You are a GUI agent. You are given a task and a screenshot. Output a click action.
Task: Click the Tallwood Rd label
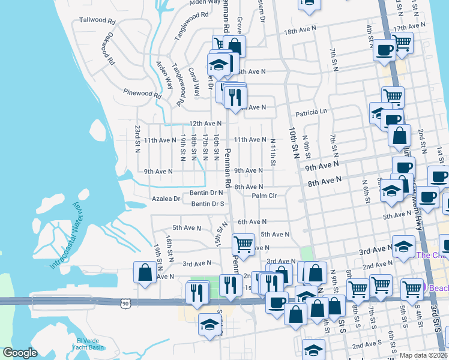pos(97,20)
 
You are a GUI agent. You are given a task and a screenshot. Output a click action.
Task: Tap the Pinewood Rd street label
pos(142,94)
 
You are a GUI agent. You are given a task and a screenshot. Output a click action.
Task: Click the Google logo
pos(20,353)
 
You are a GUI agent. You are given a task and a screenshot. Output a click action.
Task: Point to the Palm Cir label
pos(264,196)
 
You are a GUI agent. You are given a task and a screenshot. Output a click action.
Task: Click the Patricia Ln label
pos(311,112)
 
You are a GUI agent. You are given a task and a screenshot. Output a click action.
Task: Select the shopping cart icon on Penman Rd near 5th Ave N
pos(243,244)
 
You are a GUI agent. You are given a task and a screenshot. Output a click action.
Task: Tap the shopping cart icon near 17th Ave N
pos(402,42)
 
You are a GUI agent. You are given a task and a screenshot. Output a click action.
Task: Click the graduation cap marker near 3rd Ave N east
pos(403,245)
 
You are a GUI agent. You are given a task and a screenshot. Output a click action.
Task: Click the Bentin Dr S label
pos(208,204)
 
